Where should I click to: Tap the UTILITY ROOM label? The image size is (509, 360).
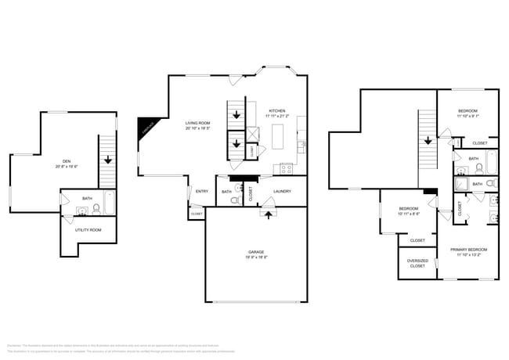88,229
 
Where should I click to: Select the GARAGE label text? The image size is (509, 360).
256,251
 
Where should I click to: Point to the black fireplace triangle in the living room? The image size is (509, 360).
146,128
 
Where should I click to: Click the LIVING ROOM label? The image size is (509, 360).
197,123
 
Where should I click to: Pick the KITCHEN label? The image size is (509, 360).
278,111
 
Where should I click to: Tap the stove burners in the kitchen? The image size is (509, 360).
285,167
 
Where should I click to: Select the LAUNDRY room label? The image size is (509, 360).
283,190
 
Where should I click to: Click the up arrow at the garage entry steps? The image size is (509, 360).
268,212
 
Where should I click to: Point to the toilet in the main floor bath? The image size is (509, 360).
235,200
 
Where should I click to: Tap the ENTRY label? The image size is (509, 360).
201,191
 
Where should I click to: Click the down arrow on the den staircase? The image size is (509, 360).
106,160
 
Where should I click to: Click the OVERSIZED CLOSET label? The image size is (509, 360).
417,263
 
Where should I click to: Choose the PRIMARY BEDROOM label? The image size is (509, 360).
470,250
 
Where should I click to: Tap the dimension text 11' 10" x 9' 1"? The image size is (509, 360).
468,117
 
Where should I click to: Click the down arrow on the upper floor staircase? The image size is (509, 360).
428,142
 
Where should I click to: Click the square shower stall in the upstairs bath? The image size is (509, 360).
462,185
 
